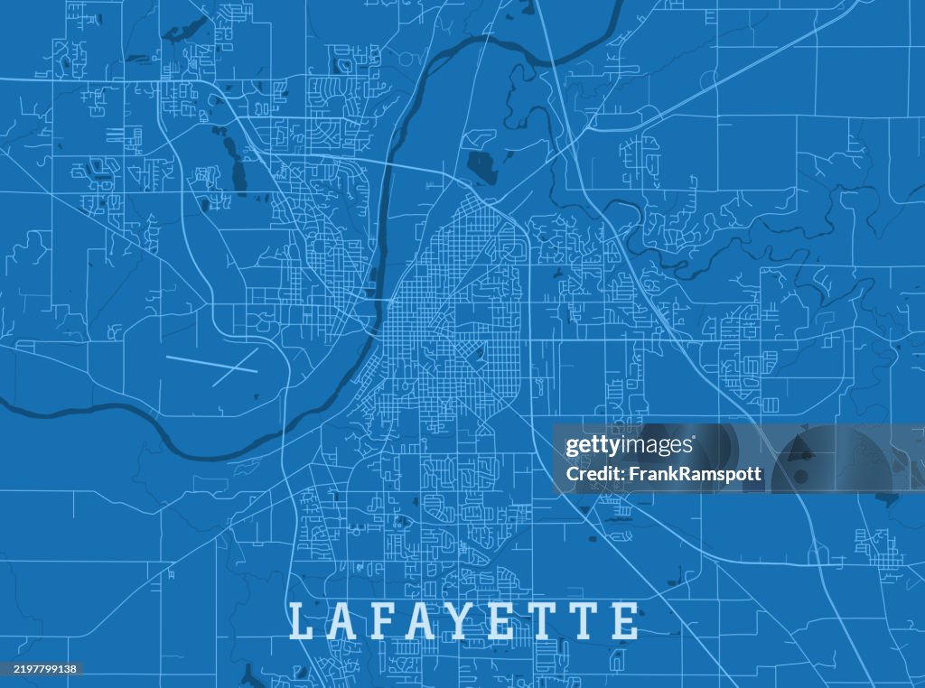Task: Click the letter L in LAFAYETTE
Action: tap(301, 621)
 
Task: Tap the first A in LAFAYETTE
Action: tap(342, 621)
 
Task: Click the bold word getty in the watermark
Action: tap(592, 446)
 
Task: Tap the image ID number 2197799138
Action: tap(42, 669)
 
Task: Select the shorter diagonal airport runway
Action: tap(234, 367)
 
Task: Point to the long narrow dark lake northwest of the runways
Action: tap(238, 168)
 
